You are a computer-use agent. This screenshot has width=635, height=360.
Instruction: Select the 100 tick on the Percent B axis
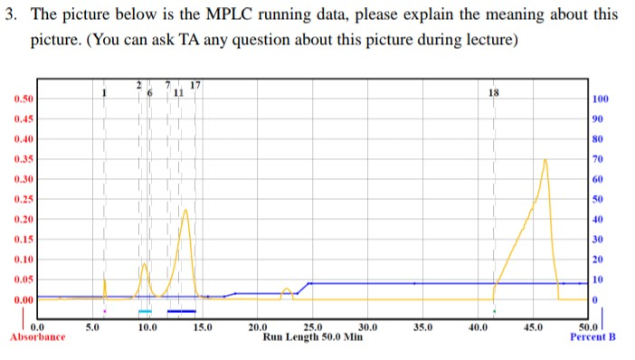600,99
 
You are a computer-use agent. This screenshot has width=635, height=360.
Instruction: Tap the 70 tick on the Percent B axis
597,159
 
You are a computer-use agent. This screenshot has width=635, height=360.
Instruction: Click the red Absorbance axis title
37,337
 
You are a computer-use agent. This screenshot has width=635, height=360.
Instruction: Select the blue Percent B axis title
592,337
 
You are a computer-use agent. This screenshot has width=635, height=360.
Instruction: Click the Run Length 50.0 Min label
312,336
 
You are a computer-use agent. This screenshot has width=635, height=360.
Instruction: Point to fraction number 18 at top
493,93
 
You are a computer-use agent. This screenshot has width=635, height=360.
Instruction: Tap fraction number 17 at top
194,86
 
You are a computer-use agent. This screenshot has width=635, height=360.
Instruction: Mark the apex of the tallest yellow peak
545,159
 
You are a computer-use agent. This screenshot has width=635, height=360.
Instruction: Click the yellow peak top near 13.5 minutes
185,210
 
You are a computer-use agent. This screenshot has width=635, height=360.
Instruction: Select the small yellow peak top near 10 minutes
144,264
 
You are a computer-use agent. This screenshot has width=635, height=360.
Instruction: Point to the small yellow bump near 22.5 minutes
287,289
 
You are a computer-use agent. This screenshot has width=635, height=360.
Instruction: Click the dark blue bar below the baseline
182,311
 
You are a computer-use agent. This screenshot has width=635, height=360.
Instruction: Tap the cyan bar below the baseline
145,311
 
